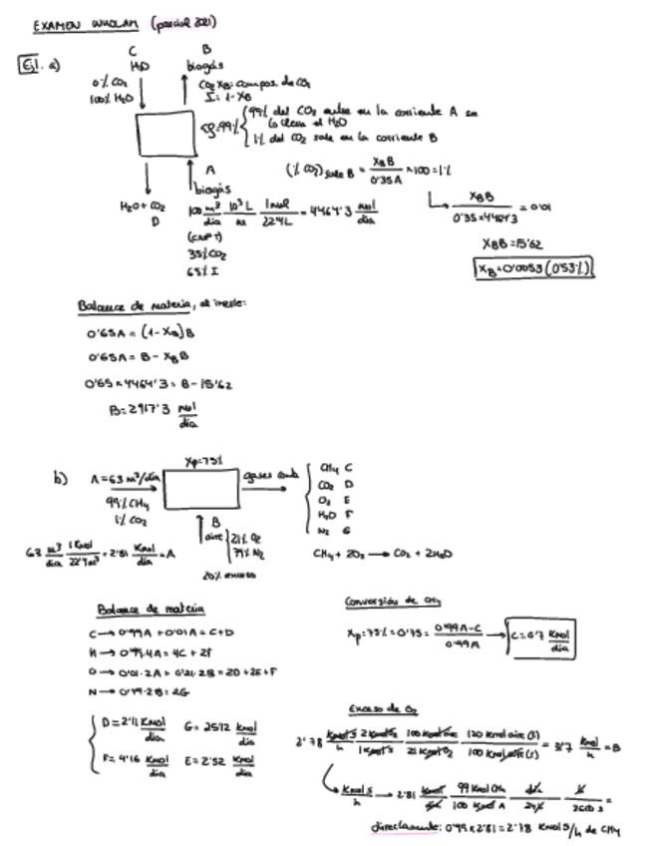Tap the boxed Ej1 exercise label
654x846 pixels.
click(28, 67)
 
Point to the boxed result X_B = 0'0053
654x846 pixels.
click(534, 267)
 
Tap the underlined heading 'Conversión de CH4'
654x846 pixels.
click(392, 601)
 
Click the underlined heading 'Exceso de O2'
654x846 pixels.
click(374, 709)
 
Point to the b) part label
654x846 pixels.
click(60, 478)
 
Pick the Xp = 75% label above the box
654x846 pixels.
click(202, 460)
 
